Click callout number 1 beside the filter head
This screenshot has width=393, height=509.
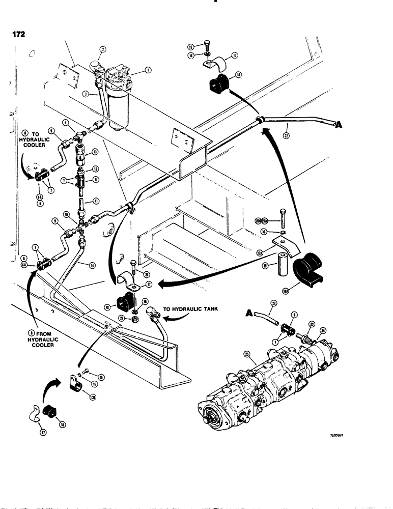point(148,71)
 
